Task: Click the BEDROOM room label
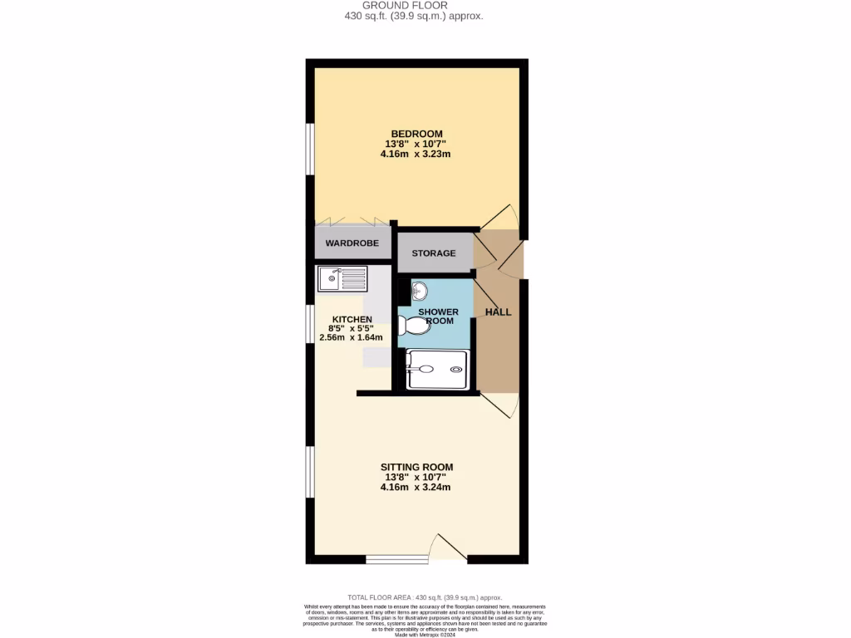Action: point(416,134)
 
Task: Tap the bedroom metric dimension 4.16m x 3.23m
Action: point(416,154)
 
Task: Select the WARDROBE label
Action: point(352,243)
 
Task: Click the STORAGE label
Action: point(434,253)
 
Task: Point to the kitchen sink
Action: point(342,278)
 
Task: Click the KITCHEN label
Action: point(352,319)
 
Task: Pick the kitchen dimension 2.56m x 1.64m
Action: point(352,338)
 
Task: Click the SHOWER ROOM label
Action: point(438,316)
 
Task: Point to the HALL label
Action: point(498,312)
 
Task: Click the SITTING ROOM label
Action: point(416,467)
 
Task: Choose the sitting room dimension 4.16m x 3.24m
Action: point(416,487)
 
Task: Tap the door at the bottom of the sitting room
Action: point(448,548)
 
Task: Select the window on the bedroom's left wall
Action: point(309,150)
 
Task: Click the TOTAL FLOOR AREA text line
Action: point(425,597)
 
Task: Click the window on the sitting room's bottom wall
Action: point(397,559)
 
